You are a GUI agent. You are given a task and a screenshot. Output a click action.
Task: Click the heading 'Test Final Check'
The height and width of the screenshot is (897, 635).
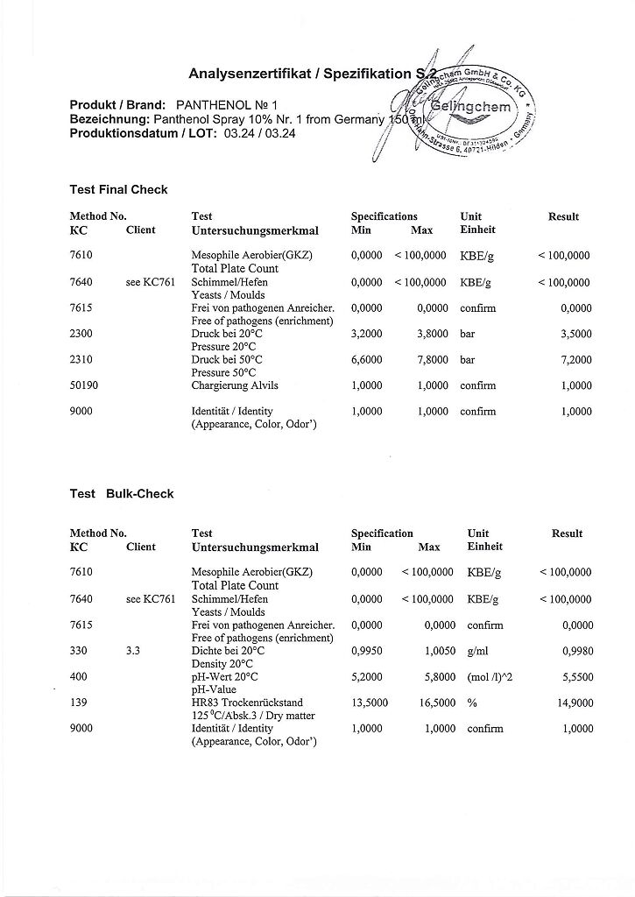[x=118, y=189]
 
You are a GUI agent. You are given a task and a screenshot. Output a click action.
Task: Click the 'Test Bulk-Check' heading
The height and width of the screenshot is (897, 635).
[x=122, y=493]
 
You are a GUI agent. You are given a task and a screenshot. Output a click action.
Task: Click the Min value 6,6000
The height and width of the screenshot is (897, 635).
[x=366, y=360]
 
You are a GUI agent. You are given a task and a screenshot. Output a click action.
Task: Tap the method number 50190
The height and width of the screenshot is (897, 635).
[x=85, y=385]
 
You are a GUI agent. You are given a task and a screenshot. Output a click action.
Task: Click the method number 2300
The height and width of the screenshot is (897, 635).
[x=81, y=334]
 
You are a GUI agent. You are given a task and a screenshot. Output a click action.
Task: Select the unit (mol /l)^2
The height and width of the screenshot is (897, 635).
[x=492, y=677]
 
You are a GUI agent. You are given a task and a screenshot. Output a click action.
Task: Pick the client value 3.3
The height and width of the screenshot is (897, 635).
[x=134, y=651]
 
